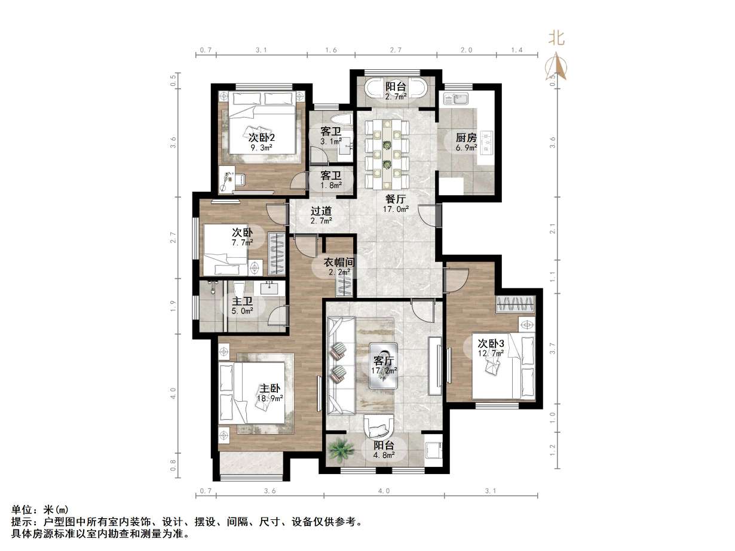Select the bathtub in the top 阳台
pos(396,90)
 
